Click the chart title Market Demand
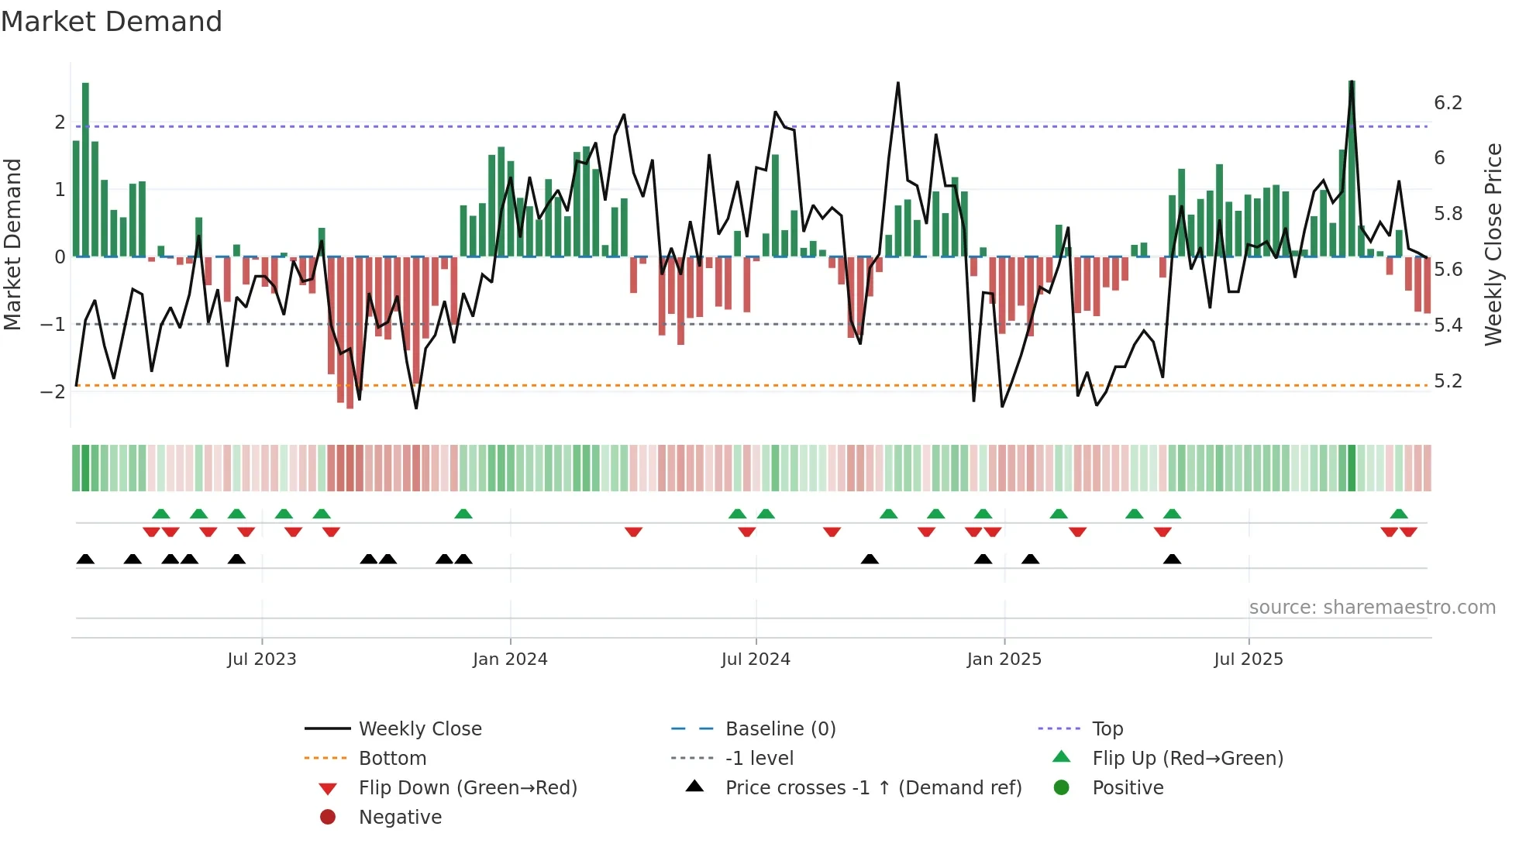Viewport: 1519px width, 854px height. coord(112,22)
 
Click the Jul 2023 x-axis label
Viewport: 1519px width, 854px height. coord(261,659)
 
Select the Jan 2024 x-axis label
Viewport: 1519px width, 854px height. coord(510,659)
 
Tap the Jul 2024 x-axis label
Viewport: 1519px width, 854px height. coord(756,659)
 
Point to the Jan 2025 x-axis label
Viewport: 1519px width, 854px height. coord(1004,659)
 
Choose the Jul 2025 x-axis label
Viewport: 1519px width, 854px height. coord(1249,659)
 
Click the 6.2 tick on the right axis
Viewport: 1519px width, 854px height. coord(1448,103)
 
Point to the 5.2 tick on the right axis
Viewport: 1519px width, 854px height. coord(1448,381)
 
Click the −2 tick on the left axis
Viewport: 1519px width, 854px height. coord(53,391)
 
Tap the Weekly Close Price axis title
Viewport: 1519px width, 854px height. coord(1493,244)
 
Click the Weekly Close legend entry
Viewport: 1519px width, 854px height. coord(419,729)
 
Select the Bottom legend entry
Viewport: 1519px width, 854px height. coord(392,759)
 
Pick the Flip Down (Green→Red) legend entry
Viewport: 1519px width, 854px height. coord(467,788)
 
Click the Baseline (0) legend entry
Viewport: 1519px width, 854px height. coord(780,729)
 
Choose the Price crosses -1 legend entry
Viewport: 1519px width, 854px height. coord(873,788)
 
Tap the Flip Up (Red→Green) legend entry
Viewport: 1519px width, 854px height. coord(1187,759)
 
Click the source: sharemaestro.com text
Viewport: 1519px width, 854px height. coord(1372,608)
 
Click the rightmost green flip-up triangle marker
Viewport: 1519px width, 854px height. coord(1399,514)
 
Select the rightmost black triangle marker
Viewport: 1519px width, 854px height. coord(1172,560)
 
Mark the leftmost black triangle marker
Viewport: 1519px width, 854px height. coord(85,560)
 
